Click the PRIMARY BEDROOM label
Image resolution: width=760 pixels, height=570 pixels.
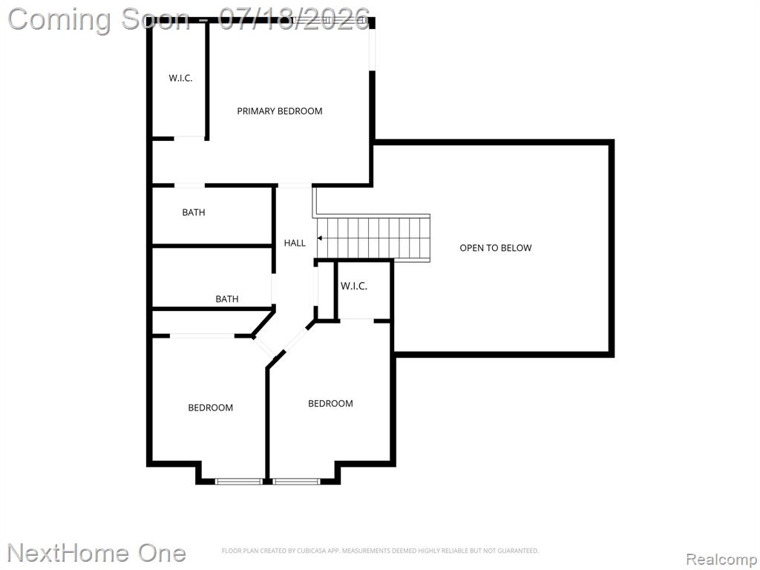click(x=280, y=111)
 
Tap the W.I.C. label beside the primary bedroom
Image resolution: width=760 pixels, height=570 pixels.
click(x=181, y=78)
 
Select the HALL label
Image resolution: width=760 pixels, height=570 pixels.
click(x=295, y=243)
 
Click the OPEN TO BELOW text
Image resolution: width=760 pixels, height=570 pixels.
click(x=495, y=248)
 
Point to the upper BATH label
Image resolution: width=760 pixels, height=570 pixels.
click(x=194, y=212)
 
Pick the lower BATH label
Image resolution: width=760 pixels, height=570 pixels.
click(x=227, y=299)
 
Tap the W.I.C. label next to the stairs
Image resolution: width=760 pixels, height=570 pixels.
click(x=354, y=286)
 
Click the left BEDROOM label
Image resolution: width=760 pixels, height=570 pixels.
click(x=210, y=407)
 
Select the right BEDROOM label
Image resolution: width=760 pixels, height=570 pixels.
click(x=330, y=403)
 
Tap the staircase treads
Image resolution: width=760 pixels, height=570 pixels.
click(x=373, y=238)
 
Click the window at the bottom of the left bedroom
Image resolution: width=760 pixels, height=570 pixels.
click(x=238, y=481)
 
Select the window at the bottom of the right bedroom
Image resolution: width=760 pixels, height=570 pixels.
click(x=296, y=481)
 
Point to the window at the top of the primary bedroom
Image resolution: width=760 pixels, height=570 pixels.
click(x=330, y=20)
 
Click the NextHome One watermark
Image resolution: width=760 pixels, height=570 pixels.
click(x=96, y=553)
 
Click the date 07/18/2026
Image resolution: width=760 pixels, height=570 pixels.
click(x=294, y=19)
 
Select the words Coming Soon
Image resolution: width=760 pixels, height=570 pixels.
click(x=99, y=20)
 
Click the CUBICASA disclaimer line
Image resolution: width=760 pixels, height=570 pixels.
click(x=380, y=551)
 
